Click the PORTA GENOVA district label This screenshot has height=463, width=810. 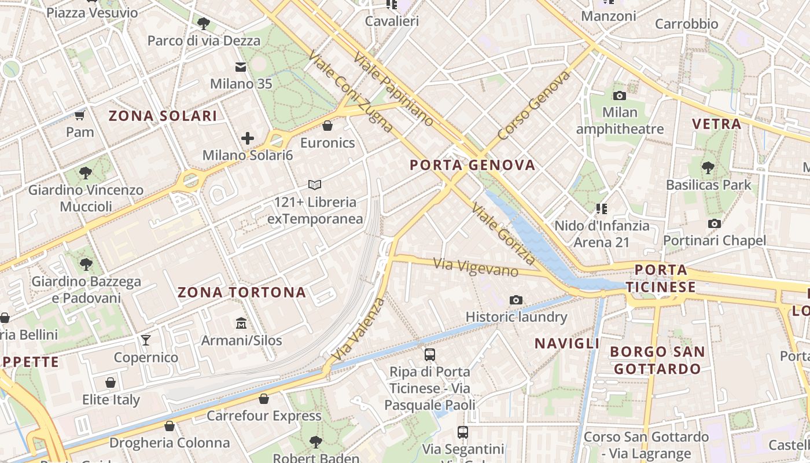473,166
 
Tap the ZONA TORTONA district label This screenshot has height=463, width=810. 242,292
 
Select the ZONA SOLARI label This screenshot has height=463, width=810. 163,116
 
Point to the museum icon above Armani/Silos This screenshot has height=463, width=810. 241,323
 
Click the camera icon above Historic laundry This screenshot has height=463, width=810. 516,300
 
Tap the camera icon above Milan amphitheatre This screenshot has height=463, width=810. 620,95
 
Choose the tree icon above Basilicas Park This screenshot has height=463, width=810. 708,168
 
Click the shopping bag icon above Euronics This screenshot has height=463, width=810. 327,126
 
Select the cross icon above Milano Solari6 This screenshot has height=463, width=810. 248,138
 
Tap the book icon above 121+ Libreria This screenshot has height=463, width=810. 315,185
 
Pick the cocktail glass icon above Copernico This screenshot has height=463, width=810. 146,340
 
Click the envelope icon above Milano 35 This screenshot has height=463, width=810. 241,67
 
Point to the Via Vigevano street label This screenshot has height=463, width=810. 476,267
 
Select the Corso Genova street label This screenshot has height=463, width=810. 533,106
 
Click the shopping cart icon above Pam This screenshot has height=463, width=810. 80,115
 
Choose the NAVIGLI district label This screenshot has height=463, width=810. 567,343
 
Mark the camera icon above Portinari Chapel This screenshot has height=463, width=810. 715,224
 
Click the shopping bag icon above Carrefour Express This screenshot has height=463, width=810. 264,399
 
